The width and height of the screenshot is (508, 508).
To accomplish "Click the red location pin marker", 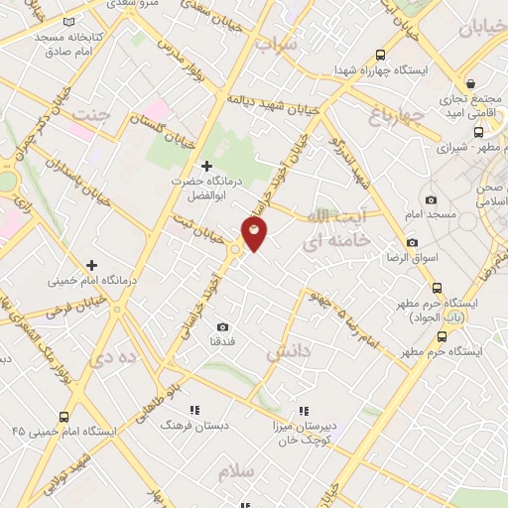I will (x=254, y=234).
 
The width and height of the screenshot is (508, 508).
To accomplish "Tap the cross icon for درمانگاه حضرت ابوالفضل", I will (x=206, y=166).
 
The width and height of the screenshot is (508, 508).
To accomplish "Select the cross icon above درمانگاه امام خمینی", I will (x=91, y=265).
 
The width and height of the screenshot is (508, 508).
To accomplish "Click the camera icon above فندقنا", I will (x=222, y=326).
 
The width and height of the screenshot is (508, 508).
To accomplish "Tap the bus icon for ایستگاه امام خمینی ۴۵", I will (x=64, y=417).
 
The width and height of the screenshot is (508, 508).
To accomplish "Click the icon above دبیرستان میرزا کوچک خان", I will (x=305, y=409).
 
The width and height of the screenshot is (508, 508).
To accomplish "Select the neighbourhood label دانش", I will (x=289, y=351).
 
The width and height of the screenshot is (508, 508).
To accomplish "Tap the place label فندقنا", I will (x=222, y=342).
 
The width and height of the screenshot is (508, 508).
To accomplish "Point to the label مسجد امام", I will (x=431, y=214).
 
